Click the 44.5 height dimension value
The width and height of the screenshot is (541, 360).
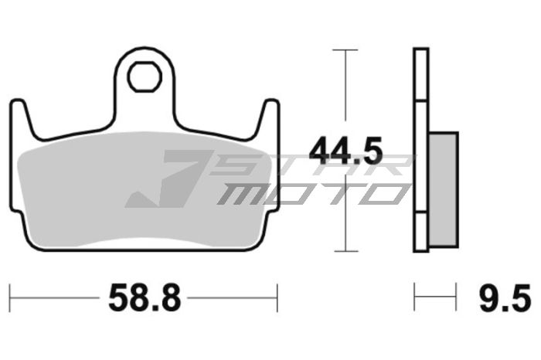click(345, 151)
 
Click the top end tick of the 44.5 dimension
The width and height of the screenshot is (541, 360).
click(345, 49)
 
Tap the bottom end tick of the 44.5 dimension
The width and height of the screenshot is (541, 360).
click(345, 251)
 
